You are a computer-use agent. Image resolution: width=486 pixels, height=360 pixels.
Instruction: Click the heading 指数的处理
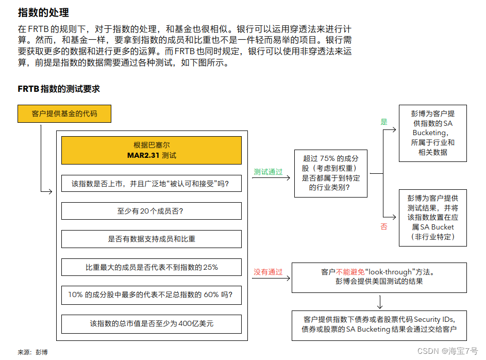coord(43,12)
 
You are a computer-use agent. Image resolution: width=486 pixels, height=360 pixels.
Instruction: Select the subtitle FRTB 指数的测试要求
coord(58,89)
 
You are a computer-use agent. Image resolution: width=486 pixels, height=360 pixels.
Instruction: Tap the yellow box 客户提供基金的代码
coord(64,113)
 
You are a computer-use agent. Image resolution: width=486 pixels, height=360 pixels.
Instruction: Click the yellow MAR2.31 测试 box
coord(151,150)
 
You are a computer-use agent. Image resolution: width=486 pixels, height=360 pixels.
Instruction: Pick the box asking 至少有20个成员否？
coord(151,211)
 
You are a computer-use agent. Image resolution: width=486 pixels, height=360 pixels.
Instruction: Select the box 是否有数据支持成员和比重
coord(151,239)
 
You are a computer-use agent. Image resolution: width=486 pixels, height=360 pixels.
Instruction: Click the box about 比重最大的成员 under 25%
coord(151,267)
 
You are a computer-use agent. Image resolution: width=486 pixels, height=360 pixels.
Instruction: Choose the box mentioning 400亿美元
coord(151,323)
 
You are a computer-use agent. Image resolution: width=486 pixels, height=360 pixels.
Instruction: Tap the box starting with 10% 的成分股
coord(151,295)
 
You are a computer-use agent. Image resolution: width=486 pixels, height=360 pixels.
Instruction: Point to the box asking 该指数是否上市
coord(151,183)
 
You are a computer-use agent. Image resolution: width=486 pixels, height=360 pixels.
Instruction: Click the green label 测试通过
coord(268,172)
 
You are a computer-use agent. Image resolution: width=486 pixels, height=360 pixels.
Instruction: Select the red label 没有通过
coord(268,272)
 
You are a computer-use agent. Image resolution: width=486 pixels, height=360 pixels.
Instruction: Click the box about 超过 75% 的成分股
coord(330,173)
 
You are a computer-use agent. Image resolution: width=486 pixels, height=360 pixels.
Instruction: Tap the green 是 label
coord(383,122)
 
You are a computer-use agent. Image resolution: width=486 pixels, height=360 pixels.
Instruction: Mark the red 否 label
coord(383,226)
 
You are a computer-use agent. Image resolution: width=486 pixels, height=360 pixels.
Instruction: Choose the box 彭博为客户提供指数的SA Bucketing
coord(432,133)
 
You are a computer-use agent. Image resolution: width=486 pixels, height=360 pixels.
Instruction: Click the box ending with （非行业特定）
coord(432,217)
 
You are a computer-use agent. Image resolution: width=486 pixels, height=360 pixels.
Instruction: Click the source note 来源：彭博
coord(32,352)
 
